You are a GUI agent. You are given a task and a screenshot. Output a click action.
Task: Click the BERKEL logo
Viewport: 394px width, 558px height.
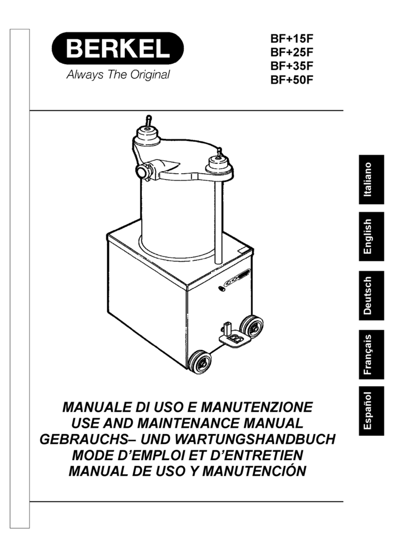118,49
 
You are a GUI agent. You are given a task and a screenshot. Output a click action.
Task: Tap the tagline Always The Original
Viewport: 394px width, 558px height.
118,75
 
